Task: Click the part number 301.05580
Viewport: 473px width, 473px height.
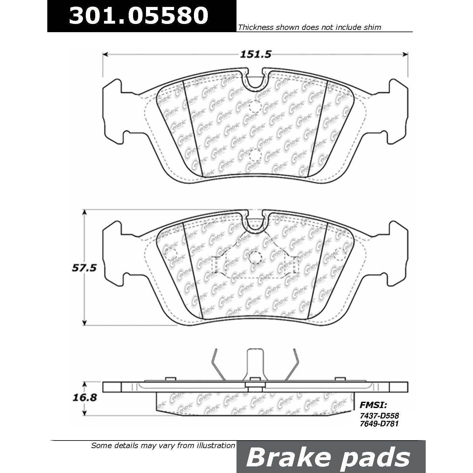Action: pyautogui.click(x=139, y=15)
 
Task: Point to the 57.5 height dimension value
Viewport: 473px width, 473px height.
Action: pyautogui.click(x=84, y=268)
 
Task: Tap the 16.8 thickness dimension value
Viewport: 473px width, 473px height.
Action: pyautogui.click(x=84, y=398)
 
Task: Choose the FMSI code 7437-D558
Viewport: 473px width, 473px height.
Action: pyautogui.click(x=379, y=416)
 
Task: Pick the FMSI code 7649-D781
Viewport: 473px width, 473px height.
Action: pyautogui.click(x=379, y=424)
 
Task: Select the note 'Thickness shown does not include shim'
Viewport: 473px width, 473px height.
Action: pyautogui.click(x=310, y=27)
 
